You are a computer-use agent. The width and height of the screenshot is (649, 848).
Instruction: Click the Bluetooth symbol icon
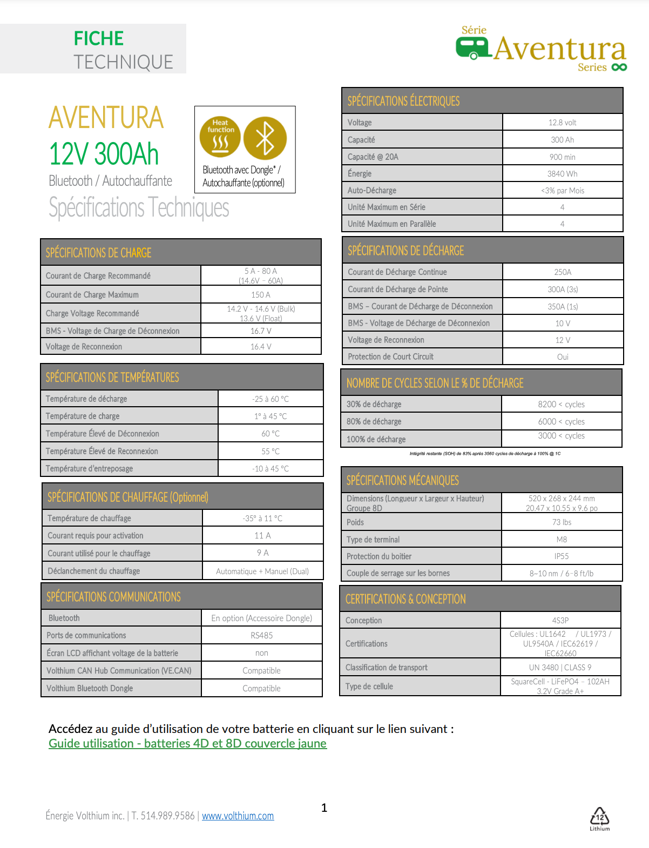(265, 138)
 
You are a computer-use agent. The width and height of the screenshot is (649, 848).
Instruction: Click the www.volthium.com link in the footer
(238, 816)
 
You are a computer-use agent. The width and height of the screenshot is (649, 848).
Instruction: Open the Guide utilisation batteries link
(187, 743)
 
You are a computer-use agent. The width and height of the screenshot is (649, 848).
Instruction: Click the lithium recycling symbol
(599, 818)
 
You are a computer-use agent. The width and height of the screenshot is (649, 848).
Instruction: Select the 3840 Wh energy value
(562, 173)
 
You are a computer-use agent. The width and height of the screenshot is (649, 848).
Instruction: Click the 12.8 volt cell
(562, 123)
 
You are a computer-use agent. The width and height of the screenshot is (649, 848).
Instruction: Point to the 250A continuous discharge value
(562, 272)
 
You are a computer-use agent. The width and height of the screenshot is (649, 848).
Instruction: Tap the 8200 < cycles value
(561, 404)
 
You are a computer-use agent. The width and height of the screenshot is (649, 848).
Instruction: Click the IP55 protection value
(561, 556)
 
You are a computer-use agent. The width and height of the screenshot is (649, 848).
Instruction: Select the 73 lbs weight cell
(561, 522)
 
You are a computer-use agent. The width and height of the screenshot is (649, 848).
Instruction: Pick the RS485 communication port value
(261, 635)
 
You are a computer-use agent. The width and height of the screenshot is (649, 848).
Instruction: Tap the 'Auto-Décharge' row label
(372, 190)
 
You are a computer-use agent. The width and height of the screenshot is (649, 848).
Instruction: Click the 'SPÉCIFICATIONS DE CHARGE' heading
(98, 253)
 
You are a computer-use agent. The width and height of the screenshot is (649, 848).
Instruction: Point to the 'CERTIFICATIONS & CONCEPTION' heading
(405, 599)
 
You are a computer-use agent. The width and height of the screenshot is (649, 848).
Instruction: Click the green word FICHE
(99, 38)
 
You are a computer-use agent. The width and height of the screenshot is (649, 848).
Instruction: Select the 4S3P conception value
(560, 621)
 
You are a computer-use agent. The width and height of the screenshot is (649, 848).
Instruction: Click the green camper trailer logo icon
(472, 48)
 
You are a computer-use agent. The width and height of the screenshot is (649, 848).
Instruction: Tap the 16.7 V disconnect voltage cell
(261, 331)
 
